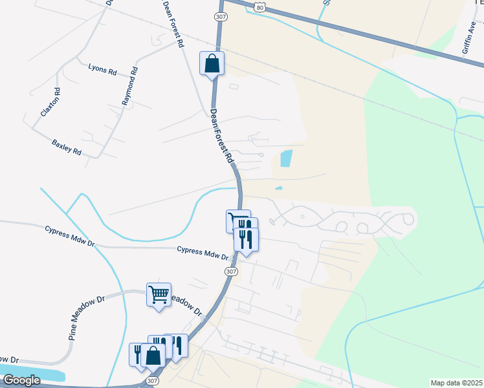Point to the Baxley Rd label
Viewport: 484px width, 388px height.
(67, 146)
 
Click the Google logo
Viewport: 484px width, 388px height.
(21, 380)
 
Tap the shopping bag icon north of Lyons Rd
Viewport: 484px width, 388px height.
(212, 63)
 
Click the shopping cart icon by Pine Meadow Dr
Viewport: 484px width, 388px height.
(159, 295)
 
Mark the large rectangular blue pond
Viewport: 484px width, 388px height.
(285, 157)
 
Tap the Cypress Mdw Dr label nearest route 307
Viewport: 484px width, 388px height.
(202, 253)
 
